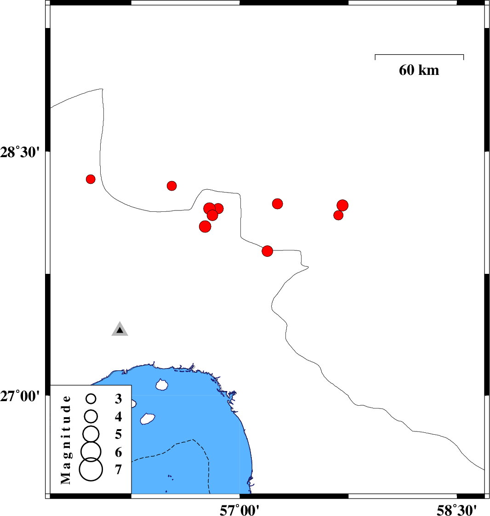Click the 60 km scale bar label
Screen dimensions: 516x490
(419, 70)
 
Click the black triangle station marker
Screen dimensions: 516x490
(120, 329)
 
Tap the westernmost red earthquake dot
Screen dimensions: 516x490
(91, 179)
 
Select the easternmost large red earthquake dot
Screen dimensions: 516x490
(342, 205)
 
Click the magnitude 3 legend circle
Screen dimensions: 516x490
(91, 398)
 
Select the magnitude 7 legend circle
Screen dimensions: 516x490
(91, 470)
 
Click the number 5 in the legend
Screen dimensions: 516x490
(119, 434)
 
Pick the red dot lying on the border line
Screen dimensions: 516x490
(268, 251)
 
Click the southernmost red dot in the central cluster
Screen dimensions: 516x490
(205, 226)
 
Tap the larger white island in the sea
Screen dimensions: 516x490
(147, 419)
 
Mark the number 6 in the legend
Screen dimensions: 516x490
(119, 453)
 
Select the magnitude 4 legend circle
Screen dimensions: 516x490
(91, 416)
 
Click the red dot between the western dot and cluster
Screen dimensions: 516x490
(172, 186)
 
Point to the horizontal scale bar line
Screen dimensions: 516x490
(419, 55)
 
